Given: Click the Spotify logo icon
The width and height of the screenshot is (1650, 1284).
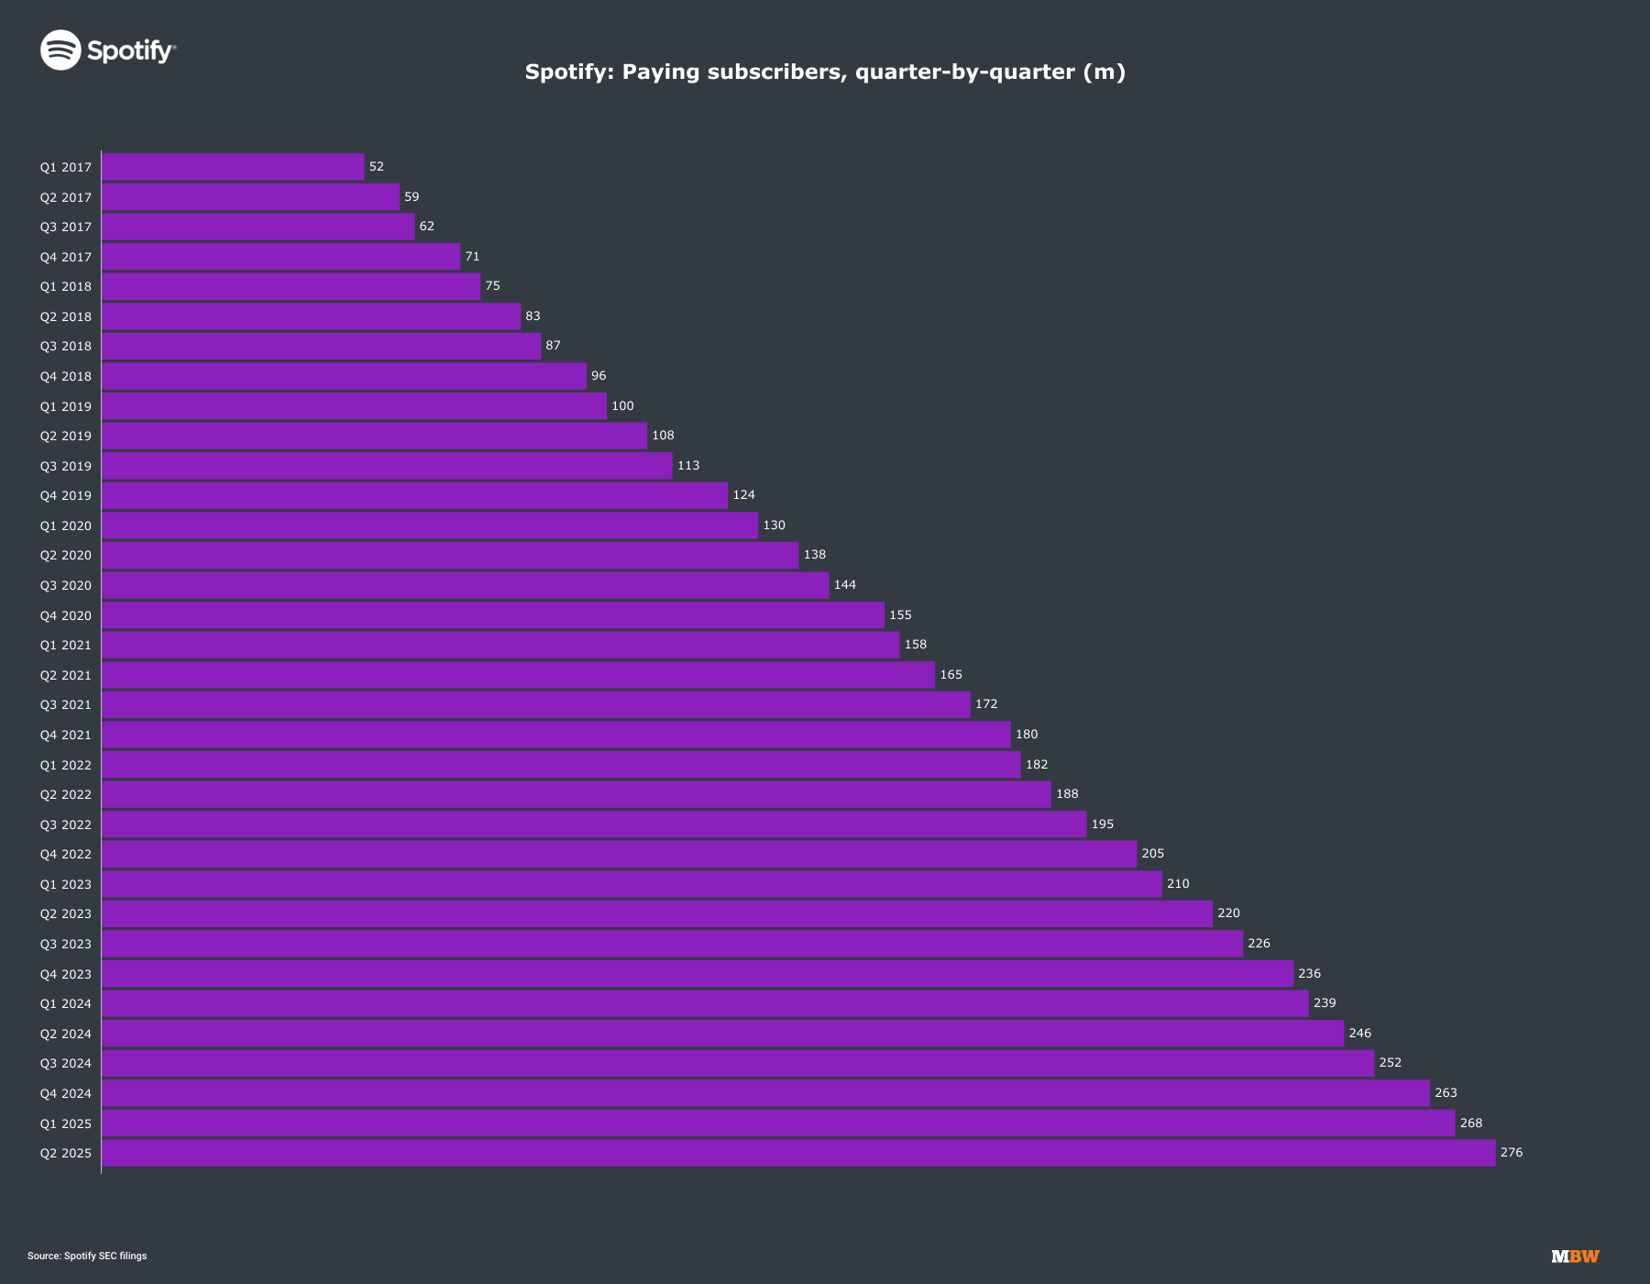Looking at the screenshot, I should [x=61, y=50].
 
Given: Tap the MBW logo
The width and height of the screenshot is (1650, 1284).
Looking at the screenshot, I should [x=1575, y=1256].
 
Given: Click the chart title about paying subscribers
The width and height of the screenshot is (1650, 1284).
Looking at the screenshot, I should [x=825, y=72].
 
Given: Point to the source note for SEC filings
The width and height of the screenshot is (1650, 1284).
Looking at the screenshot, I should [x=87, y=1256].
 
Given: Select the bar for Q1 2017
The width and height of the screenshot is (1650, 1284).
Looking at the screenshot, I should [x=233, y=167].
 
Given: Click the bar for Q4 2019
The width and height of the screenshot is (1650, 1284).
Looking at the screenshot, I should [x=414, y=496].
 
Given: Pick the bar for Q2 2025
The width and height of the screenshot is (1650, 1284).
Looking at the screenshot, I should [x=797, y=1153].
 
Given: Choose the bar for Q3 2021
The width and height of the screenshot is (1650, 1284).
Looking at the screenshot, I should [x=535, y=705].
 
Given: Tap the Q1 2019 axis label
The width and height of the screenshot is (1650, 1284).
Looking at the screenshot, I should [x=65, y=406].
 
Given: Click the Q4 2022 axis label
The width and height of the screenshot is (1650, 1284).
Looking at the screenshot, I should [x=65, y=855].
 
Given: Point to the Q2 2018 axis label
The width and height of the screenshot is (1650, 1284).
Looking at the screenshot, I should [x=65, y=316].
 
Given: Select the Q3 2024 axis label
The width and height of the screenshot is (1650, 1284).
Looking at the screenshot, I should [x=65, y=1064].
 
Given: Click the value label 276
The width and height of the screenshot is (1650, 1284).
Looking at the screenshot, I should [x=1511, y=1153].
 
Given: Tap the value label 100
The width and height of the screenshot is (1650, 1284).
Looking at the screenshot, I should [x=622, y=406].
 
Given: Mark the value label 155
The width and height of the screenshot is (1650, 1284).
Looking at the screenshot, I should [x=900, y=615].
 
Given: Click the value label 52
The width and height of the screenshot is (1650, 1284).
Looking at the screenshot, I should [x=376, y=167].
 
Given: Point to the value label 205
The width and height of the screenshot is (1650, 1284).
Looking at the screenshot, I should [x=1152, y=854].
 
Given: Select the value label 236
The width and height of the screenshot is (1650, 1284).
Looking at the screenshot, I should [x=1309, y=974].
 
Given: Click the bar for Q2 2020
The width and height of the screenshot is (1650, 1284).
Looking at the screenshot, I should [x=449, y=556].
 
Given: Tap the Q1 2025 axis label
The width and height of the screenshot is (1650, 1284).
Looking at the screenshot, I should [x=65, y=1123].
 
